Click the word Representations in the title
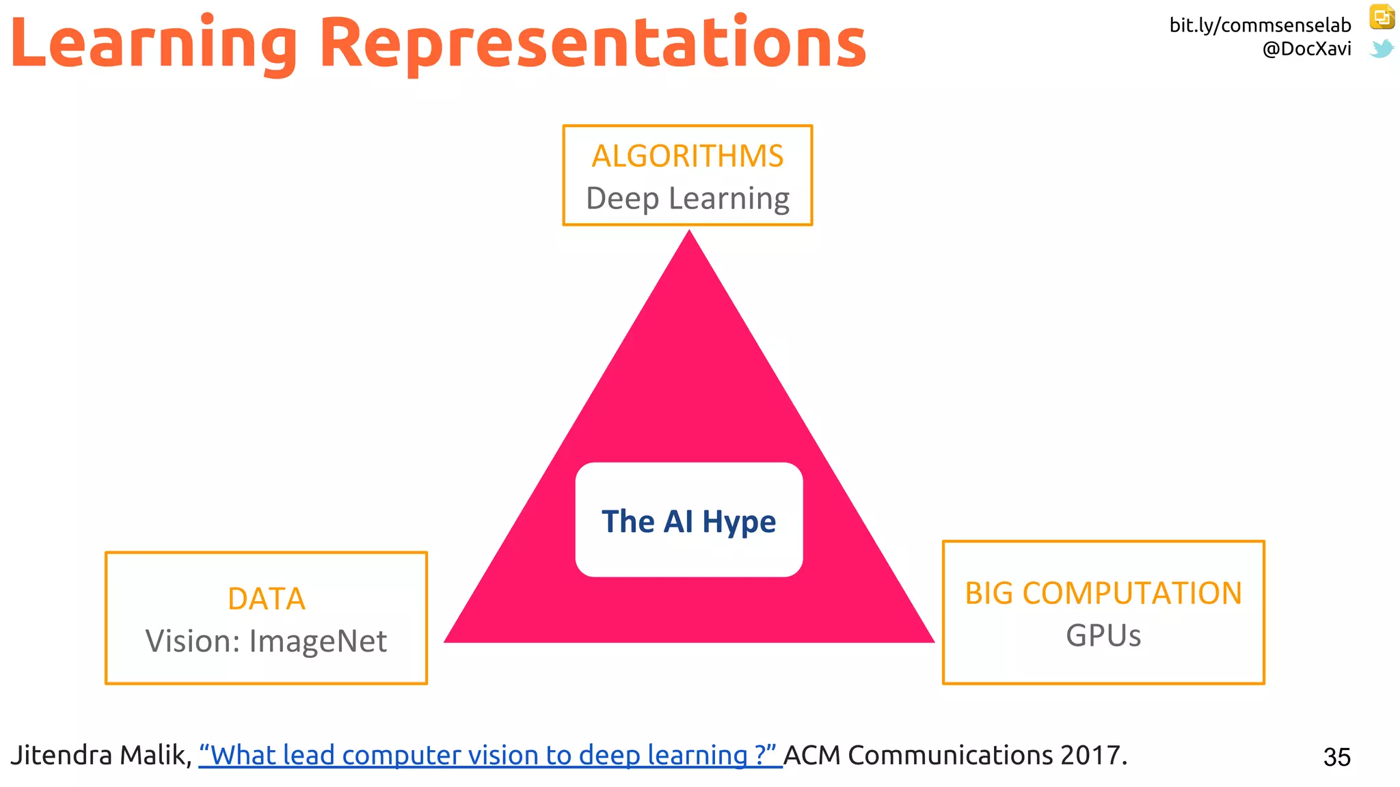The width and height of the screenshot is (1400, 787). [593, 44]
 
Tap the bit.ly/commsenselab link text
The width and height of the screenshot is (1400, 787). [1260, 25]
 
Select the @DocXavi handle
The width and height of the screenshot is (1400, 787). [1306, 49]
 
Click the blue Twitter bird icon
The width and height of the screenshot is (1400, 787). [1382, 49]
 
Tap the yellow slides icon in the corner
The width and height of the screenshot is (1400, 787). [1382, 17]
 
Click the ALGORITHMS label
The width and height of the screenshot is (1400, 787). [688, 156]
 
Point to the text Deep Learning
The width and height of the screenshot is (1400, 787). [688, 199]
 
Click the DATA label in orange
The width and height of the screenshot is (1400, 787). [267, 598]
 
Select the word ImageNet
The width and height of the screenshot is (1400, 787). [318, 641]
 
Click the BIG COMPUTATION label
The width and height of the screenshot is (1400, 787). [1103, 593]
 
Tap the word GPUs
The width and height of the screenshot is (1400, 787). [1103, 635]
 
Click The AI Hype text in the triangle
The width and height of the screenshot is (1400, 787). [688, 522]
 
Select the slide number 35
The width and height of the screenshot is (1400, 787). [1336, 757]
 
